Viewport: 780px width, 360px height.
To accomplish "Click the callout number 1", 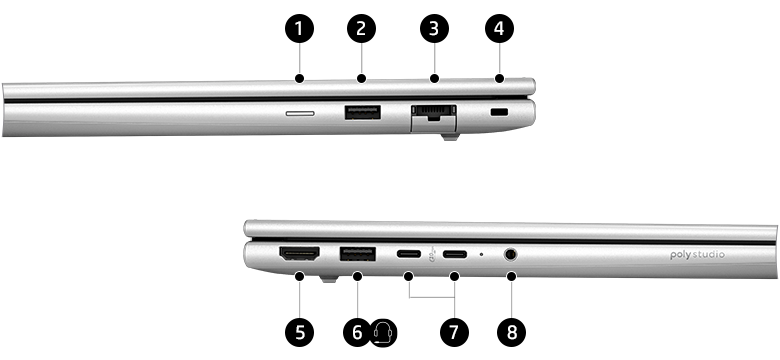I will pyautogui.click(x=298, y=29).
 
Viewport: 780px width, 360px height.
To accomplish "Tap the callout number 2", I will pyautogui.click(x=361, y=29).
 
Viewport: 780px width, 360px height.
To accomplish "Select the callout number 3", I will pyautogui.click(x=434, y=29).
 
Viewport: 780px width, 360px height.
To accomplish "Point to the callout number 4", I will pyautogui.click(x=498, y=29).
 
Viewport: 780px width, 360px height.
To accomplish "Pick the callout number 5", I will pyautogui.click(x=299, y=332).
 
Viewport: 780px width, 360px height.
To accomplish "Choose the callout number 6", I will pyautogui.click(x=357, y=332).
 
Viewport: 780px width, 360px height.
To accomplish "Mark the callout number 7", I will pyautogui.click(x=454, y=332).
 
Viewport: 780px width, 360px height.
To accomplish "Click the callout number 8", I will pyautogui.click(x=512, y=332).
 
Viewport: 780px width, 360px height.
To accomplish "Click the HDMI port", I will pyautogui.click(x=299, y=256).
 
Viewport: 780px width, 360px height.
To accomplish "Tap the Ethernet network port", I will pyautogui.click(x=433, y=115).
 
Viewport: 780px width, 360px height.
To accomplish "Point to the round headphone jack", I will pyautogui.click(x=511, y=254).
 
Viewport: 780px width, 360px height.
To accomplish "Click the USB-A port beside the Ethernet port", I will pyautogui.click(x=361, y=113).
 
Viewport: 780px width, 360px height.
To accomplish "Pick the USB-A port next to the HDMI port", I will pyautogui.click(x=357, y=255).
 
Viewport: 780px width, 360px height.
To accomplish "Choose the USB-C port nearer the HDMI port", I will pyautogui.click(x=409, y=254).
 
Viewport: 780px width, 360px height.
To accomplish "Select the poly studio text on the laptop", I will pyautogui.click(x=697, y=256).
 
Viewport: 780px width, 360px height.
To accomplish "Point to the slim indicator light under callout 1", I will pyautogui.click(x=299, y=114).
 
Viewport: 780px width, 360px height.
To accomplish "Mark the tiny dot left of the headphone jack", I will pyautogui.click(x=482, y=254).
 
